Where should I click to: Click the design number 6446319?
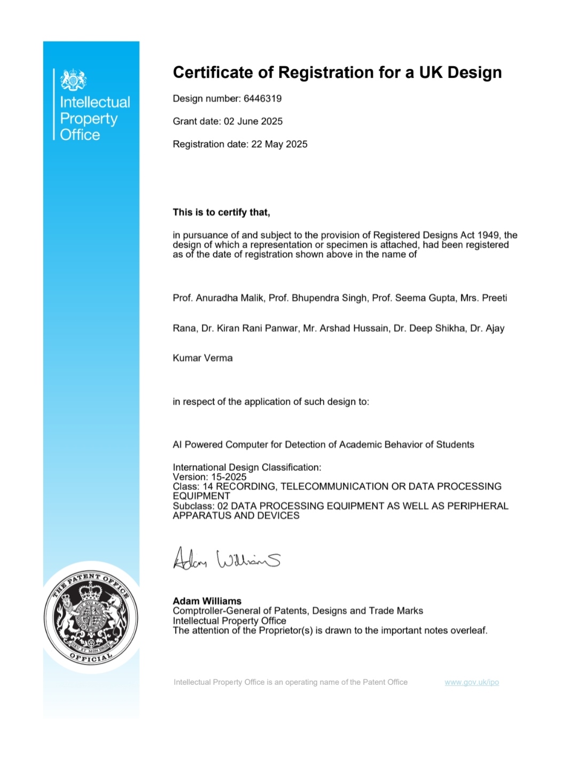262,98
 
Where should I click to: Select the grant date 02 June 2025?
253,121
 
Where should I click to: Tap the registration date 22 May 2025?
279,144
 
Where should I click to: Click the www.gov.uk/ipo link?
472,682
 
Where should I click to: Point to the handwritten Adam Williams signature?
227,559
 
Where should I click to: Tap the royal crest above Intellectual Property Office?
73,80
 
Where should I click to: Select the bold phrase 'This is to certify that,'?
221,212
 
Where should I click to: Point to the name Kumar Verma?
202,358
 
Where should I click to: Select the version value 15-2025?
229,477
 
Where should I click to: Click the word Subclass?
193,506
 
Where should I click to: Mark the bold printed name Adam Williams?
207,601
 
